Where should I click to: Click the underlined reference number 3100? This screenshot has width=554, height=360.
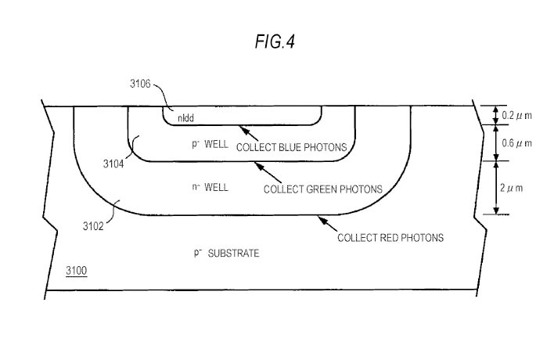76,271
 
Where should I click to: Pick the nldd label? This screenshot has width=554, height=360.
185,119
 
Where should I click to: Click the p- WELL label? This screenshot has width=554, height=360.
207,146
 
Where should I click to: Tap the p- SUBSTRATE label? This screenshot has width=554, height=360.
225,254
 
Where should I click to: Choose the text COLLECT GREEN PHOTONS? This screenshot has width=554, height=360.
322,189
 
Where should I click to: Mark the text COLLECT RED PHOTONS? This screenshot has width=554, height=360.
390,237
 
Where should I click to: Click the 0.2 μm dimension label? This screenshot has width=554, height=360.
516,116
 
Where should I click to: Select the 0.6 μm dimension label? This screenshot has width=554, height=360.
516,143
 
